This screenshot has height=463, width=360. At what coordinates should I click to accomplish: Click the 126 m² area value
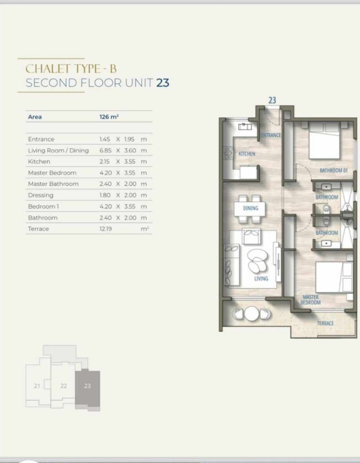point(109,117)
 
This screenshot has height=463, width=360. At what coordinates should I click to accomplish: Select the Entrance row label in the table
point(41,139)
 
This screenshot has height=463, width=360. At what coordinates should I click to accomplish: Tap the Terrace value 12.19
point(106,229)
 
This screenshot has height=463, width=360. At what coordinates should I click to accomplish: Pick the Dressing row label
point(41,195)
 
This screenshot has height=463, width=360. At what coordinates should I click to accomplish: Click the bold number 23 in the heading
point(163,83)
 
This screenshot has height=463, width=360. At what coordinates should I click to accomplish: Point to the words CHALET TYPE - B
point(71,69)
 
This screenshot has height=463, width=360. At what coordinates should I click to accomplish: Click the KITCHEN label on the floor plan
point(247,154)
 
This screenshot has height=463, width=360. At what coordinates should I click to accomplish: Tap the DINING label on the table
point(251,208)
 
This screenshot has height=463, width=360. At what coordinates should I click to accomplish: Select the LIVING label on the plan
point(261,278)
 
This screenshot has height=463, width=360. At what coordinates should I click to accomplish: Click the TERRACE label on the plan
point(325,323)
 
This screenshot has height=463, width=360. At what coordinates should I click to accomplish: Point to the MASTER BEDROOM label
point(310,300)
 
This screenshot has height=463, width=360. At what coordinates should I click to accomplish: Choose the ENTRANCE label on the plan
point(271,135)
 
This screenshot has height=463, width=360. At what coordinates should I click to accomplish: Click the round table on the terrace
point(252,313)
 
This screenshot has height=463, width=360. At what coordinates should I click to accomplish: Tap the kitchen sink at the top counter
point(245,127)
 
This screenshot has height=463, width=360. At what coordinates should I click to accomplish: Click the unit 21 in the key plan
point(37,386)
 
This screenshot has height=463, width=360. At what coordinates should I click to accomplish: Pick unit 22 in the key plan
point(64,386)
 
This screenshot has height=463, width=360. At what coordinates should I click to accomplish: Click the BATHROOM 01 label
point(334,170)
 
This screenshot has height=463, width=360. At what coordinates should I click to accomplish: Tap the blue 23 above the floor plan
point(272,100)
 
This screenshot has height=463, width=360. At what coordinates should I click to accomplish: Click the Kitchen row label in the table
point(39,162)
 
